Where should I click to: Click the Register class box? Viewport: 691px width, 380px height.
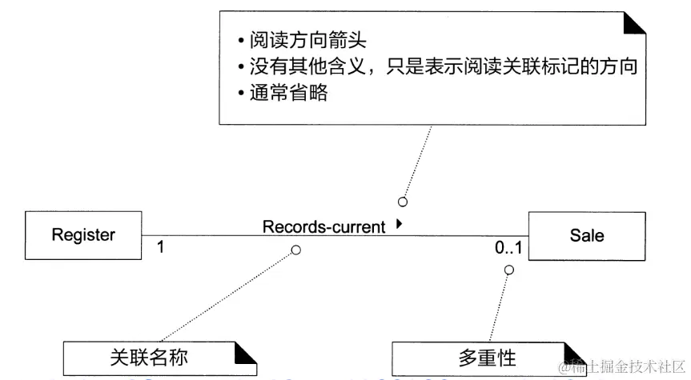click(84, 235)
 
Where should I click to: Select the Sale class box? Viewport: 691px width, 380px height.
click(586, 235)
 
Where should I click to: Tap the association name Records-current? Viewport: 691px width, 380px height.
click(323, 227)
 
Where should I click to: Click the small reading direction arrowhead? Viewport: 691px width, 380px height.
click(399, 226)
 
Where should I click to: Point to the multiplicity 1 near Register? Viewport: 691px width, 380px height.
click(160, 247)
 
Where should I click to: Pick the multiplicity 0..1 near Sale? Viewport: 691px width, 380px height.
click(508, 248)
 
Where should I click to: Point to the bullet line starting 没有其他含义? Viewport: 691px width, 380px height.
click(436, 66)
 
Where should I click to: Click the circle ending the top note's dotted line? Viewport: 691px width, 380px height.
click(403, 201)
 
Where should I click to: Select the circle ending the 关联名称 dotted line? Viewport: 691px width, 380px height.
click(295, 250)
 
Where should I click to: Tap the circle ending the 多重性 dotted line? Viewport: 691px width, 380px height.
click(508, 270)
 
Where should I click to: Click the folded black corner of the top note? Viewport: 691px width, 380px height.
click(634, 23)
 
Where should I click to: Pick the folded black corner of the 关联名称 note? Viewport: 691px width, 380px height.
click(246, 352)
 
